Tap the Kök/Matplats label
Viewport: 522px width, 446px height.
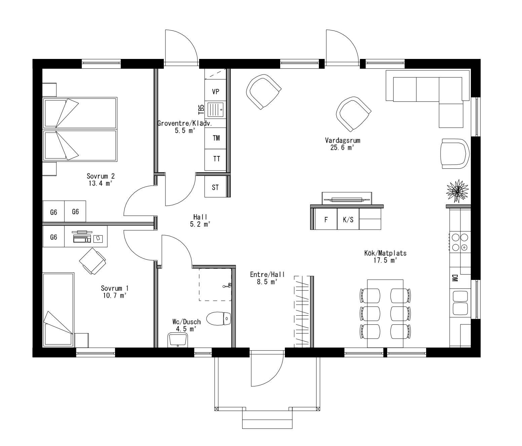(x=385, y=253)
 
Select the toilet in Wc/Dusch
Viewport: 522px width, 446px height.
(x=218, y=318)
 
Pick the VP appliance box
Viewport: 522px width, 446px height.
(x=216, y=92)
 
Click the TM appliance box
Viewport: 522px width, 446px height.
(x=216, y=138)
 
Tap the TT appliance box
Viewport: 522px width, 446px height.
(x=216, y=159)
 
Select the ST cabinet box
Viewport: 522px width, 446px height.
(x=215, y=188)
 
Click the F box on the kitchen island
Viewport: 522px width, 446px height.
(x=326, y=220)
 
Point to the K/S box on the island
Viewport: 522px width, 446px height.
(x=348, y=220)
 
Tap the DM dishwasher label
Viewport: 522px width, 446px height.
(x=455, y=278)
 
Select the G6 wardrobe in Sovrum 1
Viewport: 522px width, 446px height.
(x=53, y=237)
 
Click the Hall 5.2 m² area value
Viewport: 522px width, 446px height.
(x=200, y=224)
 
